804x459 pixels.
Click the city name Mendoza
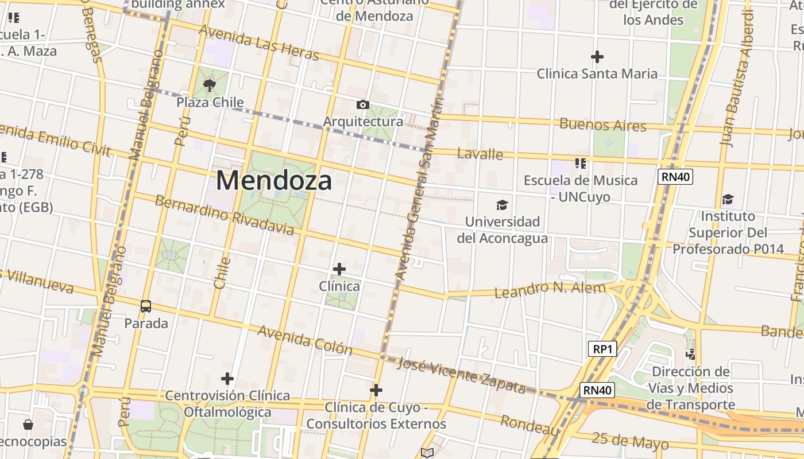[x=274, y=181]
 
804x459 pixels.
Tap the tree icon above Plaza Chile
[x=210, y=86]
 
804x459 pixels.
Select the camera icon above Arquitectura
[x=362, y=104]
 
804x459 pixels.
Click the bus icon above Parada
[x=146, y=306]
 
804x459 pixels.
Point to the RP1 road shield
[x=602, y=349]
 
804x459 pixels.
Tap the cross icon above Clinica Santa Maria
[x=597, y=57]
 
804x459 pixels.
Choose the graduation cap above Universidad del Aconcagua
[x=502, y=205]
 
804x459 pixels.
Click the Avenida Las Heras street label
[x=258, y=43]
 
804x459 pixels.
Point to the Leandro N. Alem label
[x=550, y=290]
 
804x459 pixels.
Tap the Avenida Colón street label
[x=304, y=340]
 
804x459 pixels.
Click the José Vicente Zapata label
[x=461, y=376]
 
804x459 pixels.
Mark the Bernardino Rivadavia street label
[x=225, y=216]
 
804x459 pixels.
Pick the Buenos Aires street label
[x=602, y=125]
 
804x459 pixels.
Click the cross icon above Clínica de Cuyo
[x=376, y=390]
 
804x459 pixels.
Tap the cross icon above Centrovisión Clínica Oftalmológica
[x=227, y=379]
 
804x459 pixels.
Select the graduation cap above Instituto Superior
[x=728, y=200]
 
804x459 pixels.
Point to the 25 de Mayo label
[x=630, y=441]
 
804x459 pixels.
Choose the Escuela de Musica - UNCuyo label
[x=580, y=188]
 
